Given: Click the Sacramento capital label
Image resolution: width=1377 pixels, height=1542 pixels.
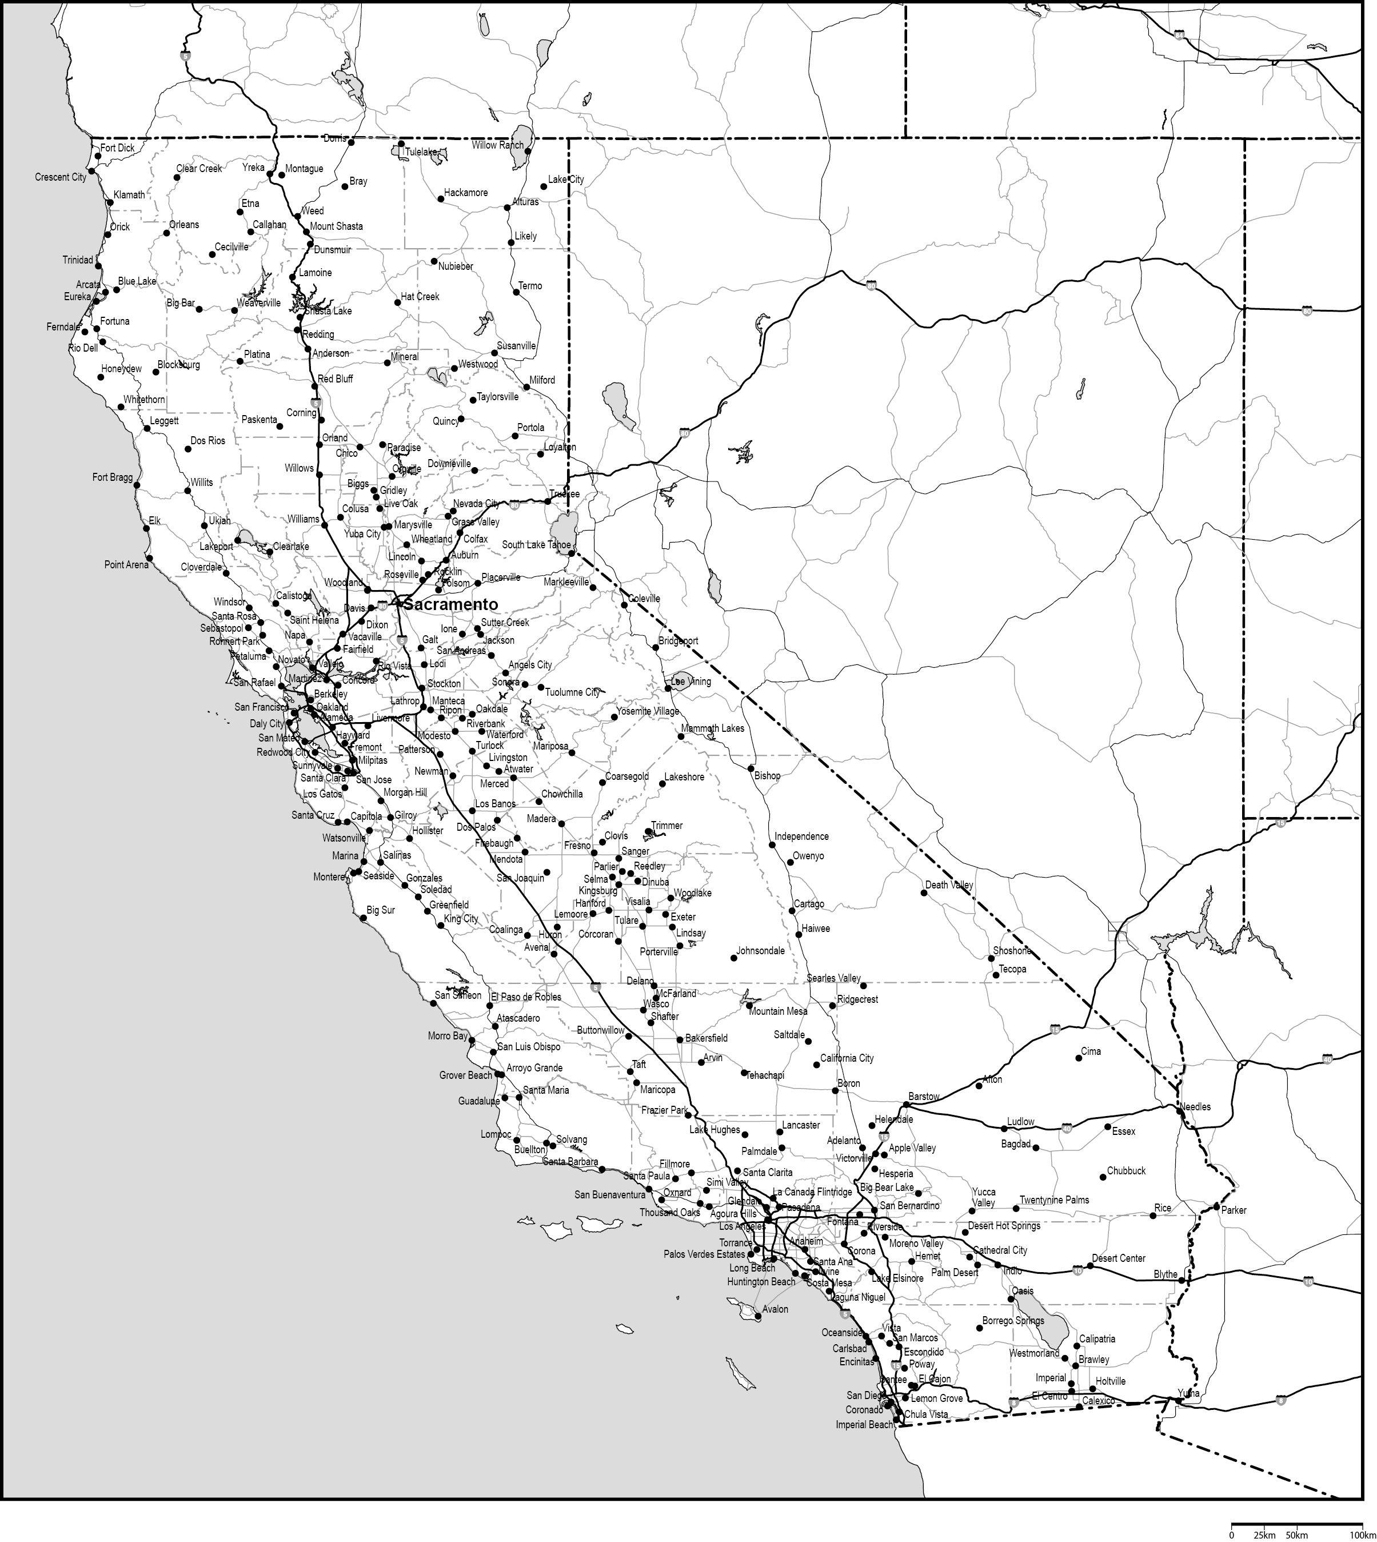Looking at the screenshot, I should [x=451, y=604].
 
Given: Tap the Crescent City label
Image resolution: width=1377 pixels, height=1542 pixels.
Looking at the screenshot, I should [x=61, y=178].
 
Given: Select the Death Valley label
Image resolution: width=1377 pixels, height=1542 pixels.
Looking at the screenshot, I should [x=949, y=885].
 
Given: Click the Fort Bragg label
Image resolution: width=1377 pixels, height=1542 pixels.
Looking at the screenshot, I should [x=112, y=477].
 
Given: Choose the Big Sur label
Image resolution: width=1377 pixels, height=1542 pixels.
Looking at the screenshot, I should [x=381, y=910].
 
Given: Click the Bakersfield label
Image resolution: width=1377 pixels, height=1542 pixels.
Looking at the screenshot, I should [x=707, y=1038].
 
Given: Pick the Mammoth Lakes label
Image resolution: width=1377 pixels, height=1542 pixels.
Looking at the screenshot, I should [x=712, y=728].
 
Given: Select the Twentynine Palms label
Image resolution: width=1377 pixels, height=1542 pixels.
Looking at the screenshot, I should [x=1054, y=1200].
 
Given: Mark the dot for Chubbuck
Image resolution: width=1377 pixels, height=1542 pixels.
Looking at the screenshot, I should [x=1103, y=1177].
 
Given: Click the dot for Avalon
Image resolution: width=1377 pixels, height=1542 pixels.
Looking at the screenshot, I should [x=758, y=1317].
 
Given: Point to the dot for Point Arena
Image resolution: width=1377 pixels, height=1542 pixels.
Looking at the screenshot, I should [x=149, y=559].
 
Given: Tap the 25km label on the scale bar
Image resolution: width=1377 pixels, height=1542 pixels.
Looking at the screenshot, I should [x=1263, y=1535].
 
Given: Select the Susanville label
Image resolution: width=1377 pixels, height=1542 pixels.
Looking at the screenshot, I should [x=516, y=346].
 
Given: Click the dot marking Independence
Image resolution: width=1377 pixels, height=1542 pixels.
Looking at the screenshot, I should [x=772, y=844].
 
